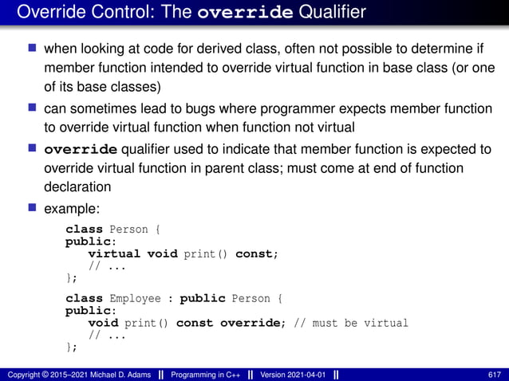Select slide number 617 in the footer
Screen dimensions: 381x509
pos(494,375)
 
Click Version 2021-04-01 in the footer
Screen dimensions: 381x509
pos(293,375)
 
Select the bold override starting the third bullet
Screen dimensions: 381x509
pos(81,149)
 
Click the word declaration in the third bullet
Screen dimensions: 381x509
pos(77,187)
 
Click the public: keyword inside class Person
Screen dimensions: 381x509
pos(90,242)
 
